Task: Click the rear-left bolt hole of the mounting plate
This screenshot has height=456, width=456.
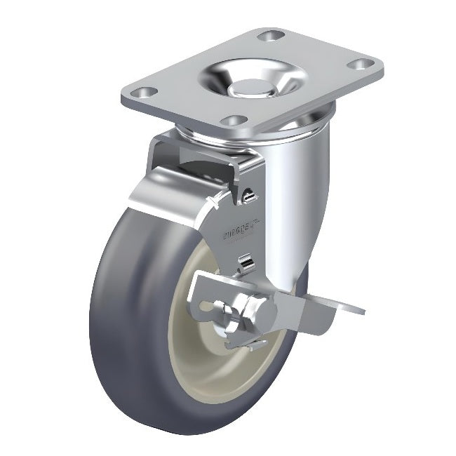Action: pos(267,34)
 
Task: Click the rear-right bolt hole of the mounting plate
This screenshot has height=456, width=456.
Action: pos(360,65)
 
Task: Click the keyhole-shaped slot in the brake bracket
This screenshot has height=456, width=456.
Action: pos(211,309)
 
